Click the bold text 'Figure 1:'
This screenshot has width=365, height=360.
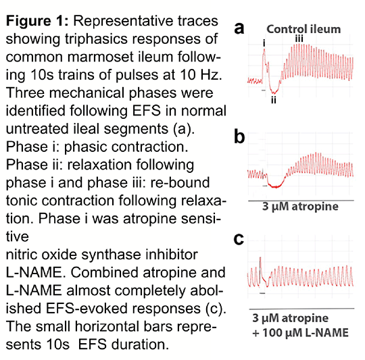tap(37, 22)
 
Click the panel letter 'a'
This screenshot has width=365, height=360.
tap(239, 29)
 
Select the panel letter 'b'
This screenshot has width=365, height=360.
tap(239, 136)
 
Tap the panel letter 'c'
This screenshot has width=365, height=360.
tap(239, 239)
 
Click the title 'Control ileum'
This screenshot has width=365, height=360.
tap(303, 29)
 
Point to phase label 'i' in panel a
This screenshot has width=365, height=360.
tap(264, 43)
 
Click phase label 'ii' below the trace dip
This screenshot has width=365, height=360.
tap(274, 100)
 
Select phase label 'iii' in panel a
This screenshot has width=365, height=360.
tap(299, 38)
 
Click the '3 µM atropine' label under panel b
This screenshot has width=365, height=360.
tap(300, 207)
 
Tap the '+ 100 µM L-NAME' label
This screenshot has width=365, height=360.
tap(301, 332)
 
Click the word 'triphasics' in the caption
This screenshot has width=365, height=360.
tap(97, 39)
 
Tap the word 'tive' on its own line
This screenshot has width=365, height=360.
tap(17, 237)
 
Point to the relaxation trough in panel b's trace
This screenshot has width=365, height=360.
tap(276, 186)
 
